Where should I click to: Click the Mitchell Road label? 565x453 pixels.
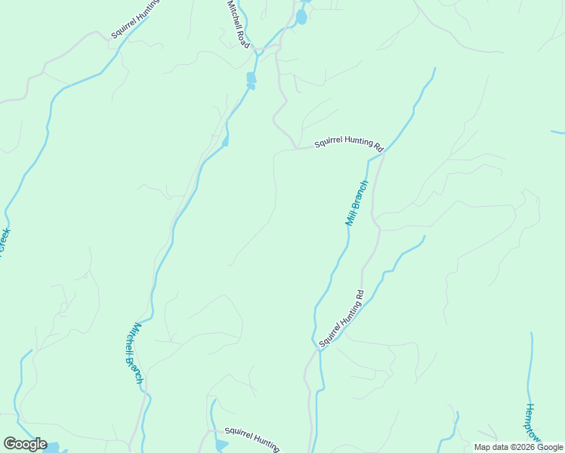click(x=239, y=25)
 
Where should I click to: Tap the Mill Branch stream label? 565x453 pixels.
click(x=357, y=203)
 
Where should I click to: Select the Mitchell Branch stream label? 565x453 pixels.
click(x=133, y=353)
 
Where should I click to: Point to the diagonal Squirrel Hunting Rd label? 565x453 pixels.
click(x=341, y=318)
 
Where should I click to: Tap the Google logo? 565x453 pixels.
click(x=25, y=444)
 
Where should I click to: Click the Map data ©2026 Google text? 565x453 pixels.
click(x=518, y=447)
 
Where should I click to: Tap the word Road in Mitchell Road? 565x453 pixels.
click(x=243, y=37)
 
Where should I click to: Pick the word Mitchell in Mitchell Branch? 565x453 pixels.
click(x=130, y=339)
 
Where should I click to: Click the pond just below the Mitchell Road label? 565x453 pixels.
click(x=251, y=79)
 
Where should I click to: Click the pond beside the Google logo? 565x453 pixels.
click(x=53, y=446)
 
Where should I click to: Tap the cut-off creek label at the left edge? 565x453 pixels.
click(x=4, y=243)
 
